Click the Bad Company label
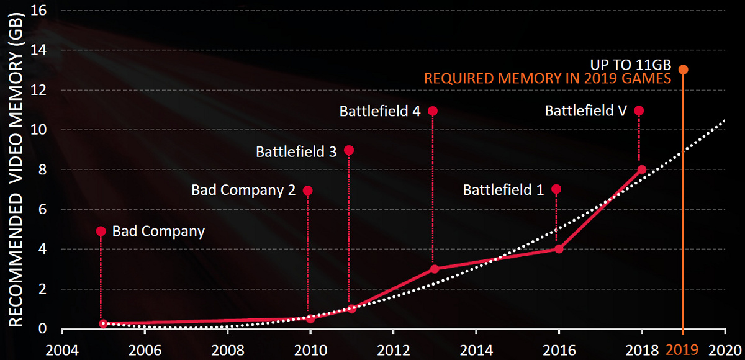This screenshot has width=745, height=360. pos(158,232)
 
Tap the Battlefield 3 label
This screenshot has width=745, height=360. pos(296,151)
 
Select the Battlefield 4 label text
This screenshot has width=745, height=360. pos(380,111)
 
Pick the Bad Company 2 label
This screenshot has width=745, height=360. pos(243,191)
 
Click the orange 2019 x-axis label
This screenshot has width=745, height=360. pos(682,349)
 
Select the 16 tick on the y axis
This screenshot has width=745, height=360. pos(38,11)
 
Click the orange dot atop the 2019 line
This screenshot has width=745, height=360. pos(683,70)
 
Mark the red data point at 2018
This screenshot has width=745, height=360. pos(641,169)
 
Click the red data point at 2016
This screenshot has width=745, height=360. pos(558,249)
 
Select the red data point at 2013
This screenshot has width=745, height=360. pos(434,269)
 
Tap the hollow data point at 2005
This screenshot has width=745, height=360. pos(103,323)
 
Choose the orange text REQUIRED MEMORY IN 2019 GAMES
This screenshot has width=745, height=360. pos(548,79)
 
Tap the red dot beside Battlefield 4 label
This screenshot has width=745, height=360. pos(433,111)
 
